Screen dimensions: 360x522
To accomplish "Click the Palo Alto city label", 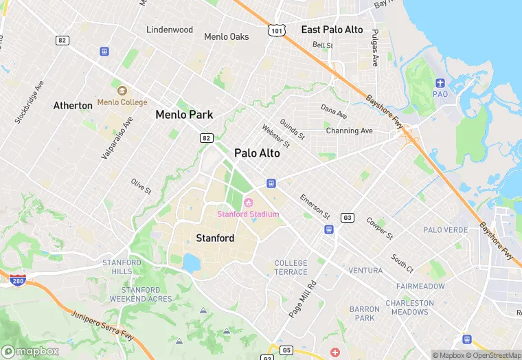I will coord(257,153).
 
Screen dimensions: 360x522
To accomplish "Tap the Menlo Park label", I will coord(184,115).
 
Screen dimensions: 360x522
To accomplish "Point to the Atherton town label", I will coord(73,106).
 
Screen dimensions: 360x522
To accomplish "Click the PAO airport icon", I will coord(440,84).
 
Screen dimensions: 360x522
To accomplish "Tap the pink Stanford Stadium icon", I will coord(248,202).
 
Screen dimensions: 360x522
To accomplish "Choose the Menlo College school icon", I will coord(122,91).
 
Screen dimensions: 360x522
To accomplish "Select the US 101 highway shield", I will coord(277,30).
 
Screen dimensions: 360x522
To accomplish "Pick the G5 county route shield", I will coord(286,350).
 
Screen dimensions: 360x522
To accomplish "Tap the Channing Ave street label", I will coord(349,131).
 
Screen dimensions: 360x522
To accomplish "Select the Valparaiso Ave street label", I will coord(117,133).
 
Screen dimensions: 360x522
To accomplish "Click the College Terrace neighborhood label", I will coord(291,267).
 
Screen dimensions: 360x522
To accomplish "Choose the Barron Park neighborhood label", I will coord(364,313).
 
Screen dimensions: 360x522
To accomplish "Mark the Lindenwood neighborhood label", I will coord(170,30).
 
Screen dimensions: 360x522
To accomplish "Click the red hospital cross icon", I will coord(335,352).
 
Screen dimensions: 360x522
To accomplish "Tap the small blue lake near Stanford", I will coord(192,262).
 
